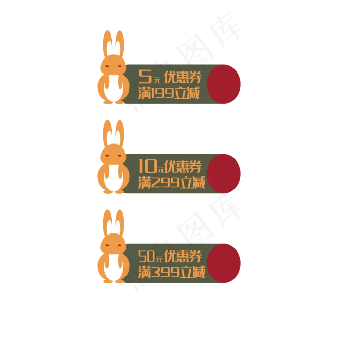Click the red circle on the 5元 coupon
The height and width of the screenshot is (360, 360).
224,84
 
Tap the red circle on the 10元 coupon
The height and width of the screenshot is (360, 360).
224,173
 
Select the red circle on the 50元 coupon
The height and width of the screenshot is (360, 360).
224,263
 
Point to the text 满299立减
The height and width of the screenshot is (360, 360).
172,183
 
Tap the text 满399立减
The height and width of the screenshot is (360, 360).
172,272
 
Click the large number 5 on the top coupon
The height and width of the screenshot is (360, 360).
146,77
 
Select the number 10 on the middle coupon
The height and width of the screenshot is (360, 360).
148,166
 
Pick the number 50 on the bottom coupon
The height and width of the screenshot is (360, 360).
147,256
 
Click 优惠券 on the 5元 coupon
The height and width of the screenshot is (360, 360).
183,78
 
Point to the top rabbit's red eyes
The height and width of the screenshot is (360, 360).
113,67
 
